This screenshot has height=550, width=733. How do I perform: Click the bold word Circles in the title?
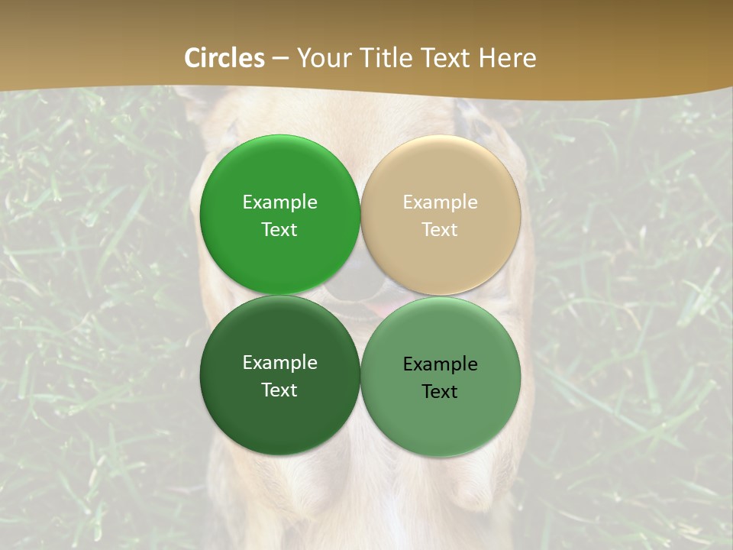click(x=224, y=58)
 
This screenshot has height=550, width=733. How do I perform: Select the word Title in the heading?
click(x=392, y=58)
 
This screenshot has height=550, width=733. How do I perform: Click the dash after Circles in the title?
click(x=280, y=59)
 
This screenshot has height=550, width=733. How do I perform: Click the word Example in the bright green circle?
click(x=279, y=202)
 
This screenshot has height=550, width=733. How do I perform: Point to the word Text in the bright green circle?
click(x=279, y=229)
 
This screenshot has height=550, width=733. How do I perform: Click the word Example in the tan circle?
click(x=440, y=202)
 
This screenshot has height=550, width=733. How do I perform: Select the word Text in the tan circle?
click(x=440, y=229)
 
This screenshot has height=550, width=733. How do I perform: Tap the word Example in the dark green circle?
click(x=279, y=362)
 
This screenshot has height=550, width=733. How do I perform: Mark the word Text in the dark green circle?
click(x=279, y=390)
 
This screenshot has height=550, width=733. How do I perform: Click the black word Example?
click(x=440, y=364)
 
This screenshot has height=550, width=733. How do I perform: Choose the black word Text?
click(x=440, y=391)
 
